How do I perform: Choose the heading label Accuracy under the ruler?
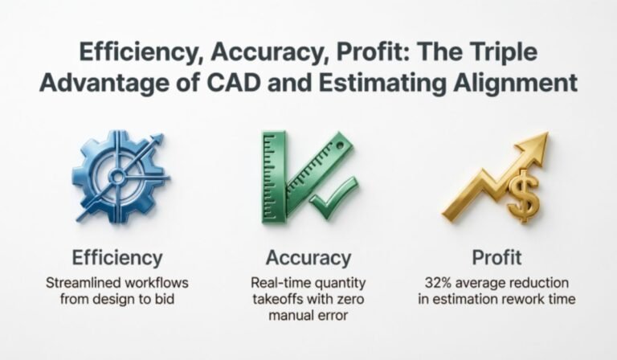point(308,258)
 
